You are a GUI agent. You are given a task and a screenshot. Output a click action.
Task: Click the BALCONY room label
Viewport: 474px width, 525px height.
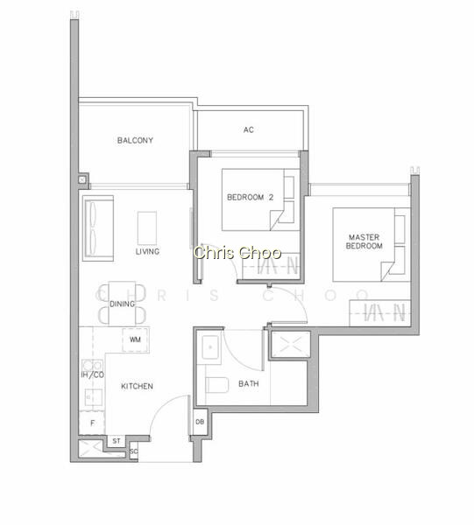[135, 140]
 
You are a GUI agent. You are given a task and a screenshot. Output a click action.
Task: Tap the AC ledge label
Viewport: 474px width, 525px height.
[249, 129]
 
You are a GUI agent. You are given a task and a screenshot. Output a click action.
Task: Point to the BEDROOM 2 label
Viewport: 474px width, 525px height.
[250, 197]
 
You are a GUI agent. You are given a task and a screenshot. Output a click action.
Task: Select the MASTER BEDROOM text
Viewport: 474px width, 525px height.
[364, 241]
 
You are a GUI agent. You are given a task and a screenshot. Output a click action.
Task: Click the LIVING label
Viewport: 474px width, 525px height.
[147, 251]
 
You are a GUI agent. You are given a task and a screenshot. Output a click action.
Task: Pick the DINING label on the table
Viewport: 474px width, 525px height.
[122, 304]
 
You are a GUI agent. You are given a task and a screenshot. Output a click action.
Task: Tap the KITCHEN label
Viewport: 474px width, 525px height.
[137, 386]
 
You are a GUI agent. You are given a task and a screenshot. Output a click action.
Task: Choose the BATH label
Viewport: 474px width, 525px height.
[249, 383]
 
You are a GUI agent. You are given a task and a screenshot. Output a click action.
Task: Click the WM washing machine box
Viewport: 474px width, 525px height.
[136, 339]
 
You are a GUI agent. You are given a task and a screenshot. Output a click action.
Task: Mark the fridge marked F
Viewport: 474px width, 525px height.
[92, 423]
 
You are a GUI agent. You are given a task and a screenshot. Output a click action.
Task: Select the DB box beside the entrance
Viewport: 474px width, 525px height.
[200, 422]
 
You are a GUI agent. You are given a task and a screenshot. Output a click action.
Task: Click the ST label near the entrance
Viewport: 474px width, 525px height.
[117, 441]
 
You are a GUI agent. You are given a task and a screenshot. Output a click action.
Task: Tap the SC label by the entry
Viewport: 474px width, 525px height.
[133, 451]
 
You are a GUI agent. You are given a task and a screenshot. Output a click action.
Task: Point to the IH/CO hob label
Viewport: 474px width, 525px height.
[93, 374]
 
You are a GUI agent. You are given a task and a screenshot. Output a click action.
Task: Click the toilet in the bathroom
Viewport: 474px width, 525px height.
[217, 385]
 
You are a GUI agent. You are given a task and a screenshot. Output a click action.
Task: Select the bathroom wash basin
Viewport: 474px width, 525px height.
[210, 347]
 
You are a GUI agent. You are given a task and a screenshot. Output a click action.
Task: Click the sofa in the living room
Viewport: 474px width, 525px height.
[98, 228]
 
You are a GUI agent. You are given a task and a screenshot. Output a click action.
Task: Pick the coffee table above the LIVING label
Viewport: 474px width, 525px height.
[147, 228]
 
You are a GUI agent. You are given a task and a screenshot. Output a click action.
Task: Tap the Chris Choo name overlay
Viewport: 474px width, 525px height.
[237, 253]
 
